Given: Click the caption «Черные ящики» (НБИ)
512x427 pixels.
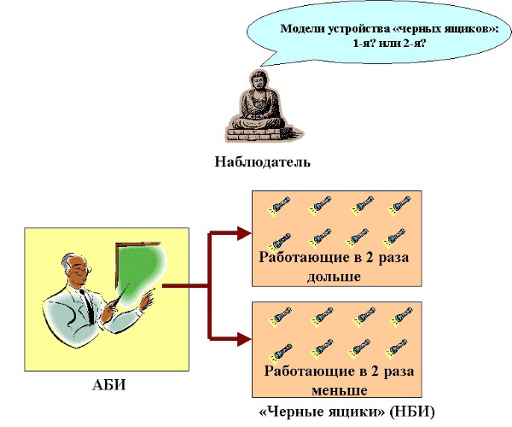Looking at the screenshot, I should pos(346,412).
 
